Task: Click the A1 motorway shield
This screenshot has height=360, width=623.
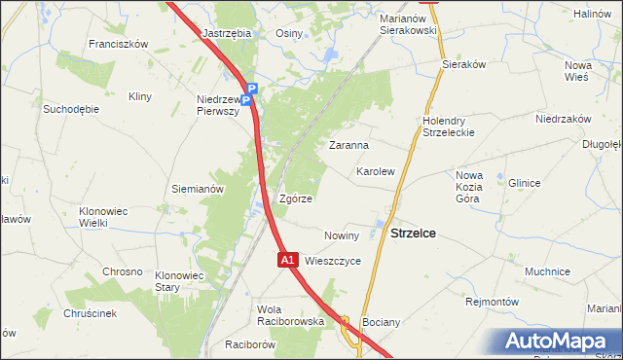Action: click(x=287, y=260)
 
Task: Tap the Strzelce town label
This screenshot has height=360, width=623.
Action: click(x=413, y=234)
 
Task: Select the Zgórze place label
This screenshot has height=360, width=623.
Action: click(x=295, y=198)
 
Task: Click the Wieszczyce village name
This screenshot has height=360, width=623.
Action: click(x=333, y=261)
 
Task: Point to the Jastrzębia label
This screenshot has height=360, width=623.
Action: click(x=227, y=32)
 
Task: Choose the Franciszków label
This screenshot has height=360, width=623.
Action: click(x=117, y=44)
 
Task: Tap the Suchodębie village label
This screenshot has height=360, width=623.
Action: click(x=71, y=109)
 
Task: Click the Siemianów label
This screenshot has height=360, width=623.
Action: click(x=198, y=189)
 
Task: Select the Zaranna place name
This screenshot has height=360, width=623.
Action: click(x=348, y=145)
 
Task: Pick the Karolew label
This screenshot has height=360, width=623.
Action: click(x=375, y=171)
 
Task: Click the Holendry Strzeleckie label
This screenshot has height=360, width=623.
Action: click(x=448, y=126)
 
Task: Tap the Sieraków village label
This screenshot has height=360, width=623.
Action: click(x=463, y=63)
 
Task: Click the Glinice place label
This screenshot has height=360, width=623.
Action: click(x=524, y=182)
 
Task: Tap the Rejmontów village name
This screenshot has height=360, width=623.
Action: click(x=491, y=302)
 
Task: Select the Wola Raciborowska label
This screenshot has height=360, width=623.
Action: click(x=290, y=314)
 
